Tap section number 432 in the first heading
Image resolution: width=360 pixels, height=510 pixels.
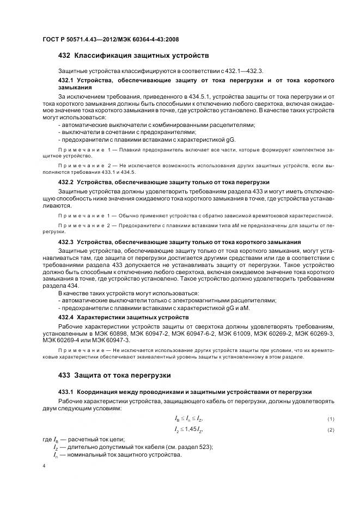coord(64,56)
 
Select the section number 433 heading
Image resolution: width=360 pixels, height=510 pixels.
coord(64,375)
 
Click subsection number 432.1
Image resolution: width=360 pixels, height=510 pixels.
coord(66,80)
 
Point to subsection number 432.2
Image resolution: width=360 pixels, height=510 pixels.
coord(66,181)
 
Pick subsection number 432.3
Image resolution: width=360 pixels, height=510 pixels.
coord(66,241)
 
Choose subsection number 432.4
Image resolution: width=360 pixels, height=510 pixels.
coord(66,317)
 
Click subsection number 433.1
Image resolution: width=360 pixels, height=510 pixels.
coord(66,392)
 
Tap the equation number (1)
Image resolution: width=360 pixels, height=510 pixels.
coord(330,418)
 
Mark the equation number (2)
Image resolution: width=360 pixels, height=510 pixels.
coord(330,430)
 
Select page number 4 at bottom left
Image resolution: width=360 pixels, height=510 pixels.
coord(44,466)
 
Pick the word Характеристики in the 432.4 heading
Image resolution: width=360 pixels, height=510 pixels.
coord(102,317)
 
